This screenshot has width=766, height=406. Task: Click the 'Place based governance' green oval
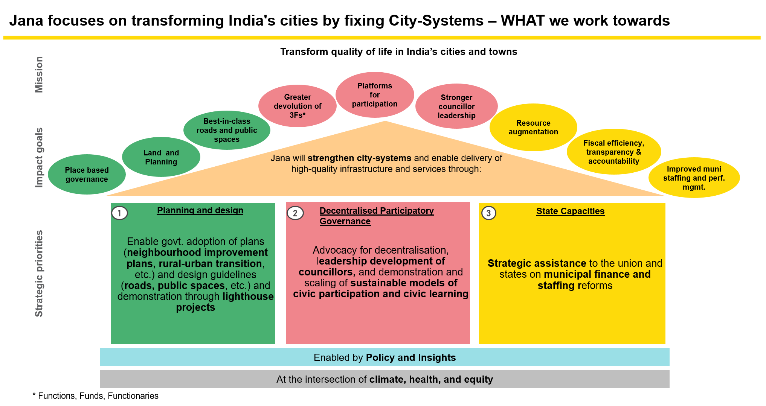point(87,175)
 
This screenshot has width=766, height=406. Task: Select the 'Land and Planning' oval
point(161,157)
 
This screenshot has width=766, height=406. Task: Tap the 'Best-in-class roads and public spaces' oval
point(227,130)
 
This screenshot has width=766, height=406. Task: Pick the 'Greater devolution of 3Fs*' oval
point(298,106)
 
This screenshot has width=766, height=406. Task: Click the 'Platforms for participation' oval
point(375,95)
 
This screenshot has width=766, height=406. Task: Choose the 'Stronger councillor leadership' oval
point(456,106)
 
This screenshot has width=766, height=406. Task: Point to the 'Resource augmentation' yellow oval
point(533,128)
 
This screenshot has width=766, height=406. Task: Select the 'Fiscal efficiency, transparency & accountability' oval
point(614,152)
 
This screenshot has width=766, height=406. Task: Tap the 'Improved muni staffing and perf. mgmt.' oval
point(694,178)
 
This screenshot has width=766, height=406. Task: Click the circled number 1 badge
point(120,213)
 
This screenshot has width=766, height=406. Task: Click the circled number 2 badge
point(295,213)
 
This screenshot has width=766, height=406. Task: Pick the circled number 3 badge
point(489,213)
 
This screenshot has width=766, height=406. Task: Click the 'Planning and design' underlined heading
point(200,210)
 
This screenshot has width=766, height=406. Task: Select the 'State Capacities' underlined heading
point(570,211)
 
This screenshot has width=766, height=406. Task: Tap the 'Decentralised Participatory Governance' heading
point(377,216)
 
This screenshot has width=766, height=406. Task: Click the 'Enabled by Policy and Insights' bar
point(385,357)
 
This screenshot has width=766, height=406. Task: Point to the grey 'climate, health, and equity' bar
point(385,379)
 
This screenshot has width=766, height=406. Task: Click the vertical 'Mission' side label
point(38,75)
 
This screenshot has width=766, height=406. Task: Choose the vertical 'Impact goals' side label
point(38,157)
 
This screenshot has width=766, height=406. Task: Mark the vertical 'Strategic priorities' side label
point(39,274)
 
